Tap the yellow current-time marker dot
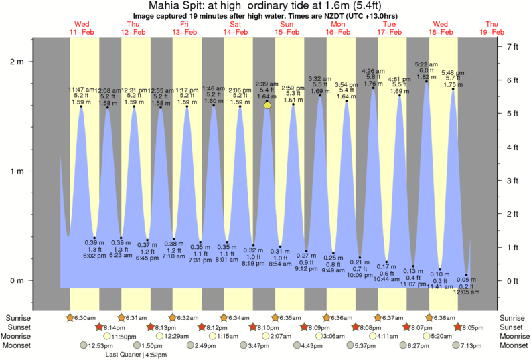(x=267, y=105)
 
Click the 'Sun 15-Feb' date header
(x=287, y=28)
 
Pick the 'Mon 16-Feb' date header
(x=338, y=28)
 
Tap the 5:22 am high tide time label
(x=427, y=64)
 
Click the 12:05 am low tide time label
(x=467, y=292)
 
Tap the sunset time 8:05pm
(x=472, y=327)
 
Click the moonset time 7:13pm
(x=473, y=345)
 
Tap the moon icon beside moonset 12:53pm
(x=84, y=345)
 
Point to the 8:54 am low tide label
(x=281, y=265)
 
